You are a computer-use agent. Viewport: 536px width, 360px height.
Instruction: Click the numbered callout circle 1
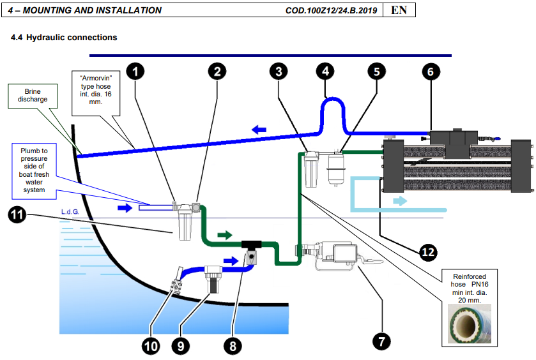[135, 71]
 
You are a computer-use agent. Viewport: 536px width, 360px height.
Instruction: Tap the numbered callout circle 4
[326, 71]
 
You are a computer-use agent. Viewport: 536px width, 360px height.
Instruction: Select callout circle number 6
[430, 71]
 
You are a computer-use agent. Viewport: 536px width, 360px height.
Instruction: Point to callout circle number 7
[381, 341]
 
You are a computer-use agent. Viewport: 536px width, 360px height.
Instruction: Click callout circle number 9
[180, 345]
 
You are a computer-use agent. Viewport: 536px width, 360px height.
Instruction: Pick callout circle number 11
[17, 217]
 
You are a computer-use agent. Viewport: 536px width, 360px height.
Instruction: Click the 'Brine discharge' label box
[28, 96]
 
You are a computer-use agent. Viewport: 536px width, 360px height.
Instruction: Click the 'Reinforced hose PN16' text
[468, 288]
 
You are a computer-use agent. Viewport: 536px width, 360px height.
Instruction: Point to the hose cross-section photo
[468, 326]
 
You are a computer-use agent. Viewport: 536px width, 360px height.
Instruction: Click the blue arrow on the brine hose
[259, 130]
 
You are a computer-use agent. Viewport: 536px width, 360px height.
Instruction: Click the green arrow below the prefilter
[225, 235]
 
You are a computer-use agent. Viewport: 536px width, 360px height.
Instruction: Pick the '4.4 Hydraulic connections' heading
[64, 38]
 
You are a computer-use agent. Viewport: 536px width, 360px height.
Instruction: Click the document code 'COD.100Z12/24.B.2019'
[332, 11]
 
